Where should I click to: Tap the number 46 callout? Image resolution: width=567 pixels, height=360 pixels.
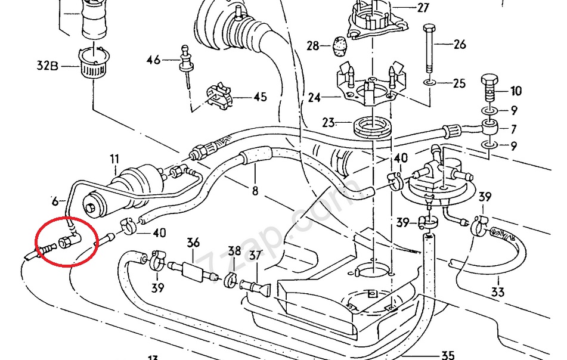[x=154, y=60]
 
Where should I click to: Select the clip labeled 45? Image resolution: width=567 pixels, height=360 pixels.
[x=218, y=97]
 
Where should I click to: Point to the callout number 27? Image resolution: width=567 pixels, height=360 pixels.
[x=440, y=8]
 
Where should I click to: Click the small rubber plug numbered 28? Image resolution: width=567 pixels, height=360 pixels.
[x=340, y=45]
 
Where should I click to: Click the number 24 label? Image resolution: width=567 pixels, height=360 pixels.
[x=315, y=97]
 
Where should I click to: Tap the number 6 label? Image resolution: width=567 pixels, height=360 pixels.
[x=55, y=201]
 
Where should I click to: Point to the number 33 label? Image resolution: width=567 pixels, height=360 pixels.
[x=498, y=292]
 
